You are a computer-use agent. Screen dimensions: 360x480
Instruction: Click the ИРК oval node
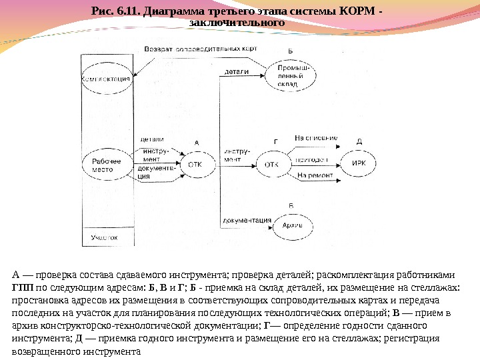pos(359,163)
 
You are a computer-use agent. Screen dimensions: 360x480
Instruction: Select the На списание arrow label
pos(316,138)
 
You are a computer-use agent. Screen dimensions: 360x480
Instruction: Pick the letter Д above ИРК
pos(359,143)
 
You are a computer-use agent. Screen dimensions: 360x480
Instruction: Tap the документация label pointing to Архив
pos(247,219)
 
